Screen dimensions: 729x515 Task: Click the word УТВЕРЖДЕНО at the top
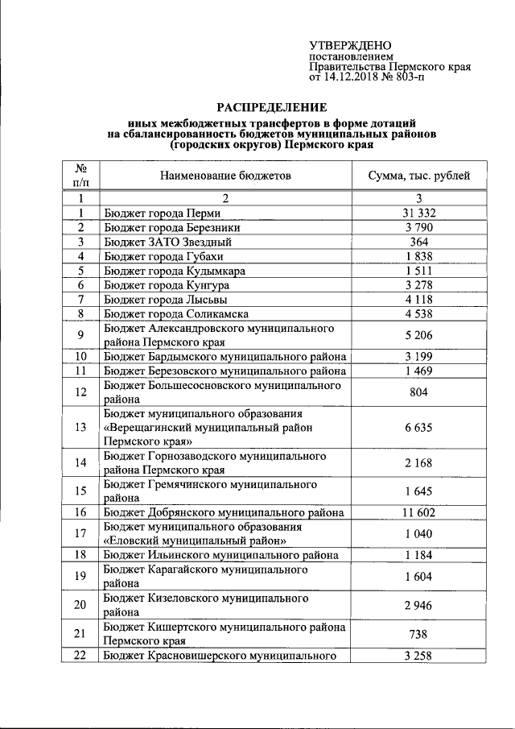(350, 46)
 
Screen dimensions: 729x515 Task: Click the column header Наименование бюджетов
(225, 176)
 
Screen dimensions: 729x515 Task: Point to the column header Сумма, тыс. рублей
(418, 176)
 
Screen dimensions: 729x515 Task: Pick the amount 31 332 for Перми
(418, 213)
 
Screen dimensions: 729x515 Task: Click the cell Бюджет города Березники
(166, 227)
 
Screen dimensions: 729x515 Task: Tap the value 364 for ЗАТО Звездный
(418, 242)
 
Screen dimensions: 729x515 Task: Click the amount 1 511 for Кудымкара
(418, 271)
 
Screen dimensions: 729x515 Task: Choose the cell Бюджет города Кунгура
(167, 285)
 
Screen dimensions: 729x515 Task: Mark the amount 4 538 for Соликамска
(418, 313)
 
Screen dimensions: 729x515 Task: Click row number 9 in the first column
(80, 335)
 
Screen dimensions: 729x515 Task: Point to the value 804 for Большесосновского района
(418, 392)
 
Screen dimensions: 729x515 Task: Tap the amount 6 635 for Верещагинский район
(418, 428)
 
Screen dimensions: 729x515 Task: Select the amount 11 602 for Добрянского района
(418, 512)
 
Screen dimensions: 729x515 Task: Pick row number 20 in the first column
(80, 606)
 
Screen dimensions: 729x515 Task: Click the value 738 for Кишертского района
(418, 634)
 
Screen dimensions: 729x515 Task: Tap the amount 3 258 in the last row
(418, 656)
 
